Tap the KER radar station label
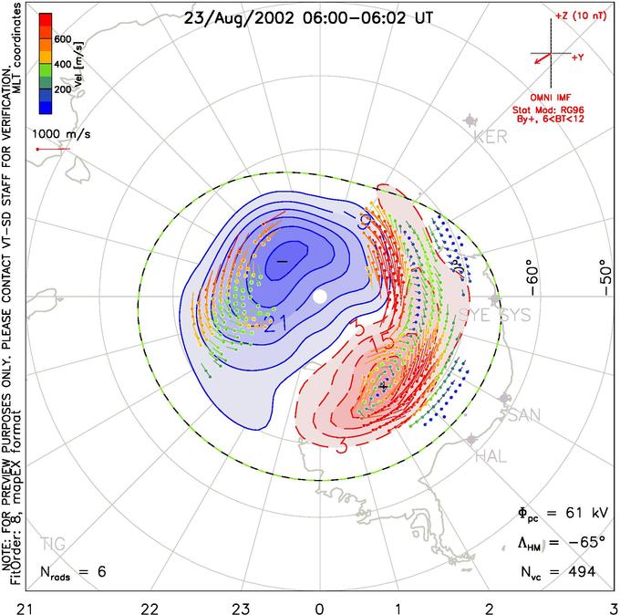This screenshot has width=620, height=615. [490, 138]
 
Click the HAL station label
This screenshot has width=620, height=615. [491, 456]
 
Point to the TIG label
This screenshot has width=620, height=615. [53, 544]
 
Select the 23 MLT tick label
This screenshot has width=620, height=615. [241, 606]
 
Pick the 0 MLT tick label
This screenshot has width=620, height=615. [319, 606]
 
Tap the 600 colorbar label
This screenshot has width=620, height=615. [62, 39]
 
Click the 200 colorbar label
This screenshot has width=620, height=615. [62, 90]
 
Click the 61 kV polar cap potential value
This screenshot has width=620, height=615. [574, 516]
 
